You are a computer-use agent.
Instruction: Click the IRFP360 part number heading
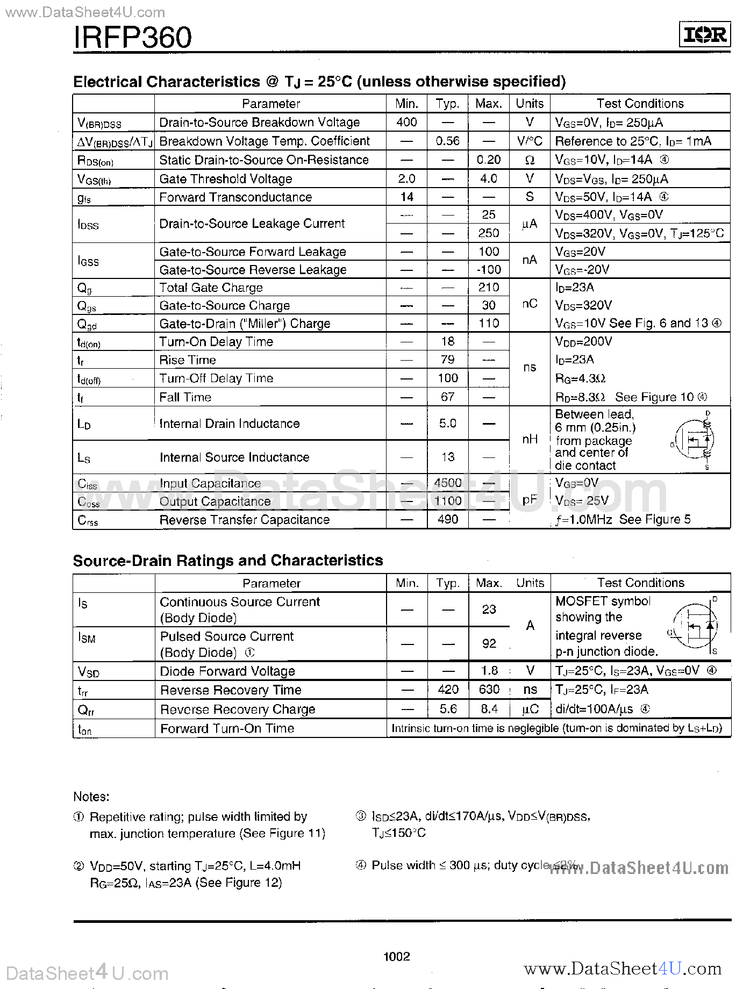coord(132,37)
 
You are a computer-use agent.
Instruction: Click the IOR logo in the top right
coord(704,35)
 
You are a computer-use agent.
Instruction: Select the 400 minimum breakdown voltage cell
coord(406,122)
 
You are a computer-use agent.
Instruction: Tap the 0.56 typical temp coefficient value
coord(447,141)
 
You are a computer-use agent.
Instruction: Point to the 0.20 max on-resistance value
coord(488,160)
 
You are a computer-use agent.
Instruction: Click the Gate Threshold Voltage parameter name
coord(226,178)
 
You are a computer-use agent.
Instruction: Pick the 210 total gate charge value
coord(488,287)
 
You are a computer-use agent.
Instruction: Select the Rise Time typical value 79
coord(447,360)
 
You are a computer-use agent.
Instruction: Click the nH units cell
coord(530,439)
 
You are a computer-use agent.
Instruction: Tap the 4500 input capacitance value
coord(447,483)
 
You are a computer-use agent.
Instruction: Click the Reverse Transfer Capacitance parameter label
coord(244,520)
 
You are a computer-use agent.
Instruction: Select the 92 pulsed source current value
coord(488,643)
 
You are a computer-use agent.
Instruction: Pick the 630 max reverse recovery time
coord(488,690)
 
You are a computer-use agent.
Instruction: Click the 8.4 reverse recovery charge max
coord(488,709)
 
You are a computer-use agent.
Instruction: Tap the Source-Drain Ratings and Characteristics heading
coord(228,561)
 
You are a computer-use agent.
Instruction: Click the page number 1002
coord(397,956)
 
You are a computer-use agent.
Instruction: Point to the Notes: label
coord(91,797)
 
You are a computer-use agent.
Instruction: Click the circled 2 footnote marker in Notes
coord(79,866)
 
